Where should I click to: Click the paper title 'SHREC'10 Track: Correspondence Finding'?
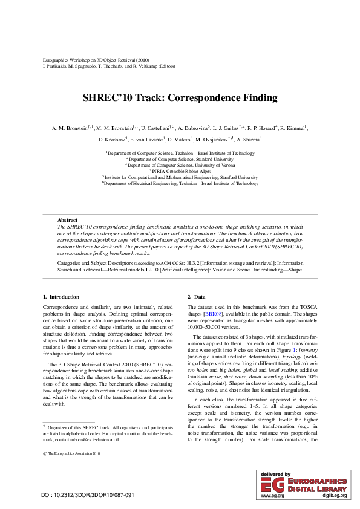point(180,97)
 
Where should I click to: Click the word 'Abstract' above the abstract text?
point(67,220)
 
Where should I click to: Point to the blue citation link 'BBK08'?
point(213,314)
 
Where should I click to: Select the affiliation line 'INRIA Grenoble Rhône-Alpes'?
point(180,171)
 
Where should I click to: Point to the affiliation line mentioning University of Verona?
point(180,165)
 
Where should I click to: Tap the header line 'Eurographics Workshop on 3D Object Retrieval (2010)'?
point(96,60)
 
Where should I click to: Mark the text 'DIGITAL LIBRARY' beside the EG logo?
point(317,488)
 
